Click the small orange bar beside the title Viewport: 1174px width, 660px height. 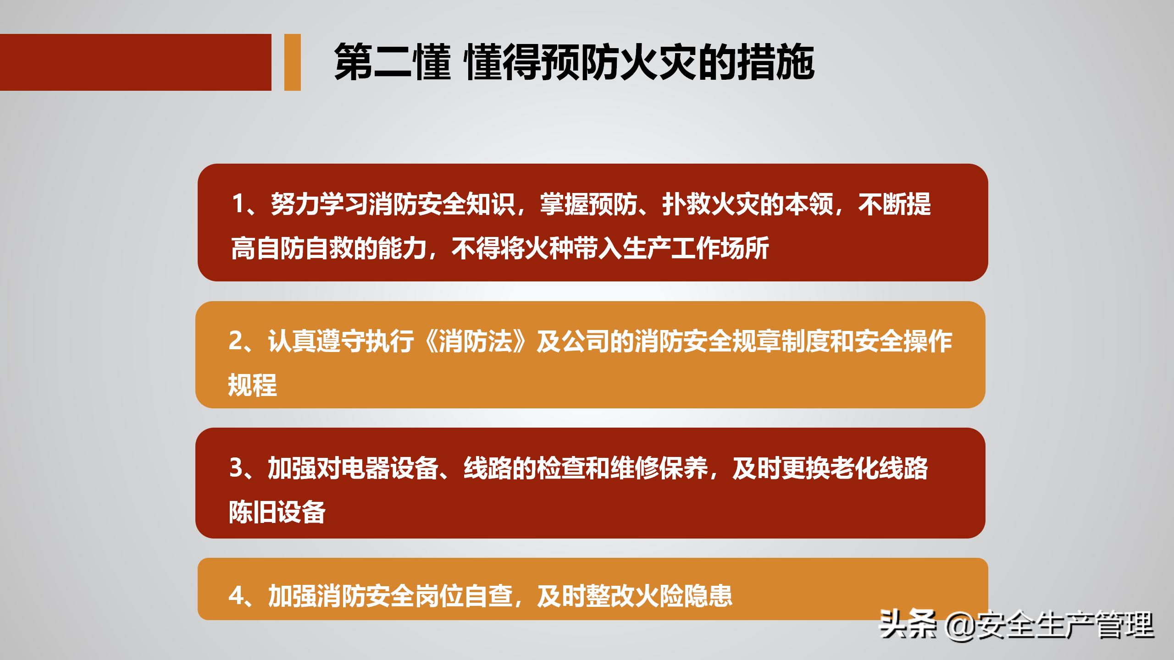[292, 62]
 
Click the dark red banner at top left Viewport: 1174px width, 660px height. [135, 62]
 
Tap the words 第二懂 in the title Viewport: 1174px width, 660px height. [393, 63]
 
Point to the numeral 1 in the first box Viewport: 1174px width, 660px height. [238, 203]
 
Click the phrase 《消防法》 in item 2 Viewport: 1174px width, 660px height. [475, 341]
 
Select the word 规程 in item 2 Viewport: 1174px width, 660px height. [253, 385]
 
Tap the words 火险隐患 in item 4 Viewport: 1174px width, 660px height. [683, 596]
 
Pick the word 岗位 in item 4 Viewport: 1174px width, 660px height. [439, 596]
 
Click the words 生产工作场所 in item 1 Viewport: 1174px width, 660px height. [695, 248]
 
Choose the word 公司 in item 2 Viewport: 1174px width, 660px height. [586, 341]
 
